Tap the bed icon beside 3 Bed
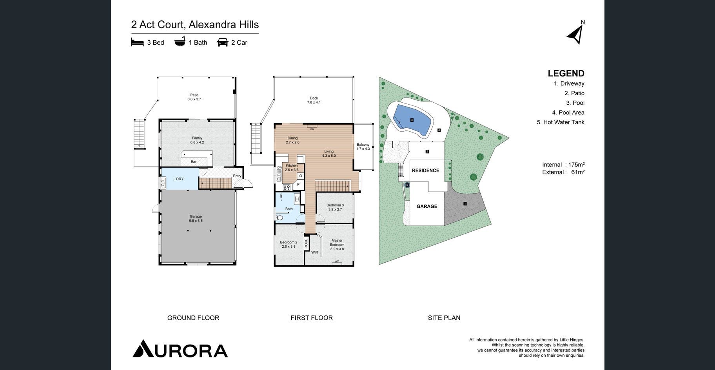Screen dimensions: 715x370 pyautogui.click(x=137, y=42)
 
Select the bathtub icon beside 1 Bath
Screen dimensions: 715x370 pyautogui.click(x=180, y=42)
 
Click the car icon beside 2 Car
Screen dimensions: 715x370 pyautogui.click(x=223, y=42)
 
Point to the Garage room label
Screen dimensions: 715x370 pyautogui.click(x=196, y=216)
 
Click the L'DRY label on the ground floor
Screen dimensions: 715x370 pyautogui.click(x=178, y=179)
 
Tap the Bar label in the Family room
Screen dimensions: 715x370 pyautogui.click(x=194, y=162)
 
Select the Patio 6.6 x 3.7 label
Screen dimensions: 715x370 pyautogui.click(x=194, y=97)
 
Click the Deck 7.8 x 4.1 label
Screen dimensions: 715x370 pyautogui.click(x=314, y=100)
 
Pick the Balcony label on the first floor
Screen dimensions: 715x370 pyautogui.click(x=363, y=145)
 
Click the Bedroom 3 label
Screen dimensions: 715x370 pyautogui.click(x=335, y=205)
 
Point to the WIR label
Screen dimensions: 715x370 pyautogui.click(x=315, y=252)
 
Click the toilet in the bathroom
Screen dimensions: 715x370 pyautogui.click(x=279, y=218)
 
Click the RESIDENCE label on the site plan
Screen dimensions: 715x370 pyautogui.click(x=425, y=170)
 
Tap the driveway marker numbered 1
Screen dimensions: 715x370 pyautogui.click(x=465, y=204)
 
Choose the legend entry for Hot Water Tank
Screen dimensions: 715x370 pyautogui.click(x=561, y=122)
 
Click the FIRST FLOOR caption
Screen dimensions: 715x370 pyautogui.click(x=312, y=318)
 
